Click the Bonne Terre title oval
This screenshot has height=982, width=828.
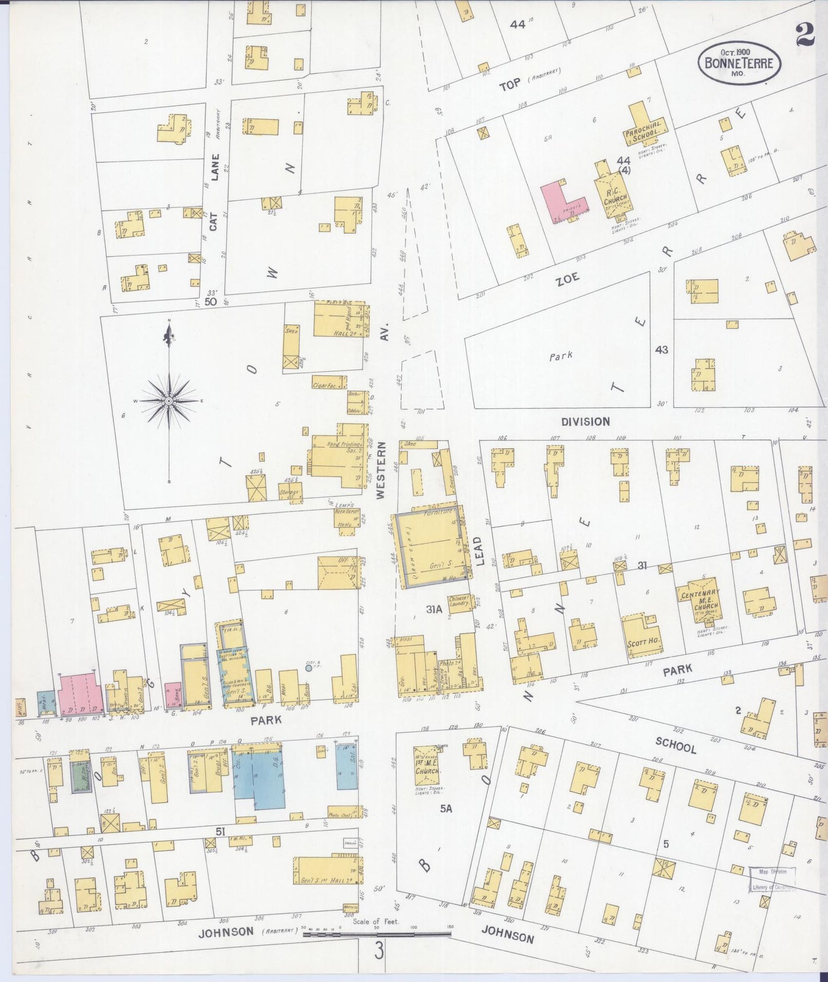coord(739,63)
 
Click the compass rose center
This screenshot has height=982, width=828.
coord(169,402)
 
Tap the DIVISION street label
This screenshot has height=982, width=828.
coord(585,422)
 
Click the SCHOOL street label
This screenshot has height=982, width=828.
coord(677,745)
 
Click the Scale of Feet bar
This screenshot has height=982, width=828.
coord(376,934)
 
